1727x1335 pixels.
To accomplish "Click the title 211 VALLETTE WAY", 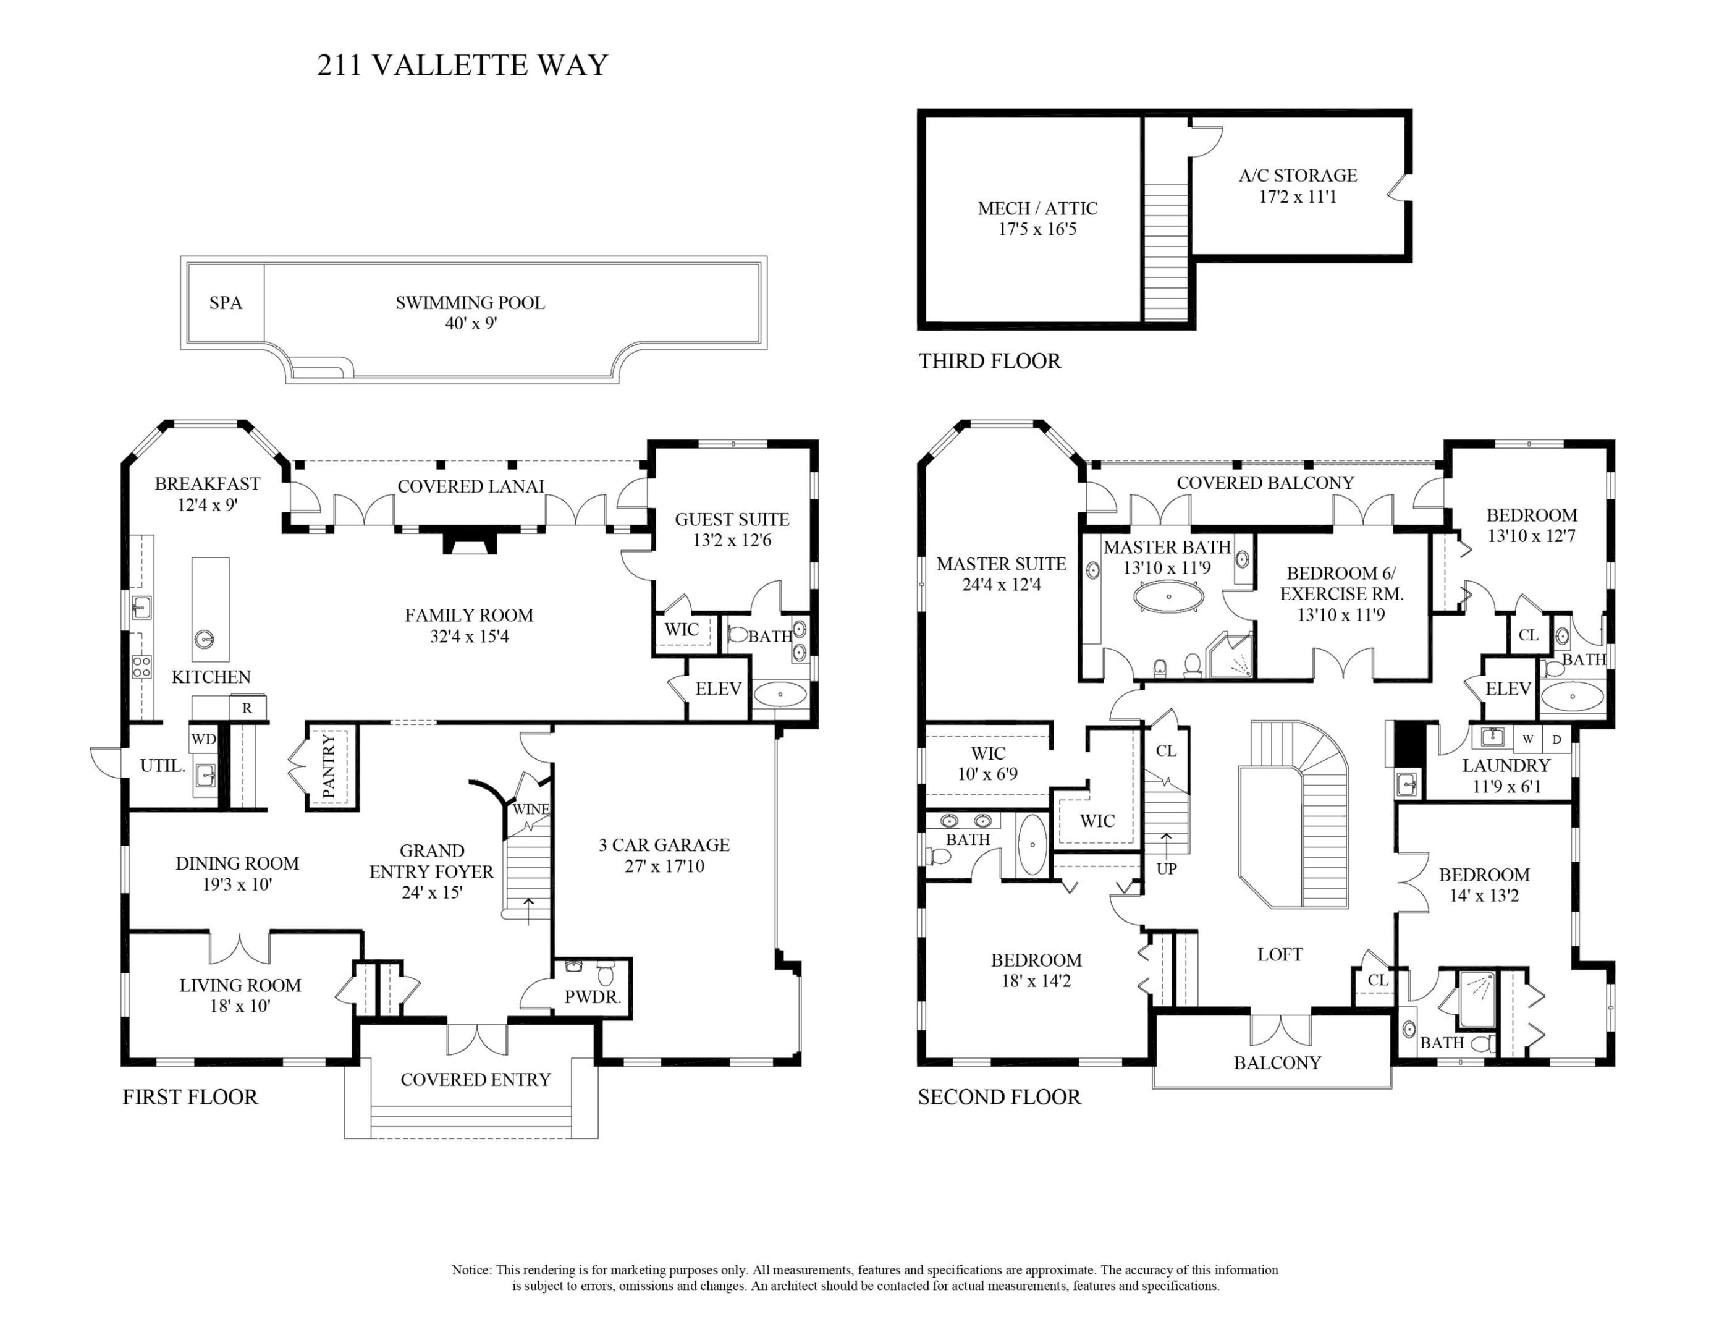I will point(463,65).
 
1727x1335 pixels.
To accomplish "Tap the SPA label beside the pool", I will point(226,303).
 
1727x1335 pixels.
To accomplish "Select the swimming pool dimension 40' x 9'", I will point(470,323).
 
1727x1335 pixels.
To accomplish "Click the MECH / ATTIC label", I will point(1037,209).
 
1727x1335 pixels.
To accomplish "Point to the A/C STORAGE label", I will point(1298,176).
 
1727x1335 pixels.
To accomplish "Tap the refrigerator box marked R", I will point(248,709).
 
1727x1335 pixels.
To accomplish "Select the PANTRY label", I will point(329,766).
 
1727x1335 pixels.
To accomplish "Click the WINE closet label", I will point(531,809).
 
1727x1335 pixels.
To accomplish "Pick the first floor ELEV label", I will point(718,689).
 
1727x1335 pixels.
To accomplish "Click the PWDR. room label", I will point(593,998).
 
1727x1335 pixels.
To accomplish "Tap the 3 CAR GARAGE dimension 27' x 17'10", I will point(664,866).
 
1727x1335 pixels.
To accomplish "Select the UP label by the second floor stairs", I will point(1167,868).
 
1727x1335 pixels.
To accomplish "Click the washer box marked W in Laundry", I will point(1527,739).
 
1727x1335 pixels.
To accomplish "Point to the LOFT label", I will point(1280,955).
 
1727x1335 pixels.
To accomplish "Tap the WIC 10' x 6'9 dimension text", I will point(987,774).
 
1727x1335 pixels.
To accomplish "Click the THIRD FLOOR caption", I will point(989,362).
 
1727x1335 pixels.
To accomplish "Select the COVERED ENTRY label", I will point(475,1080).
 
